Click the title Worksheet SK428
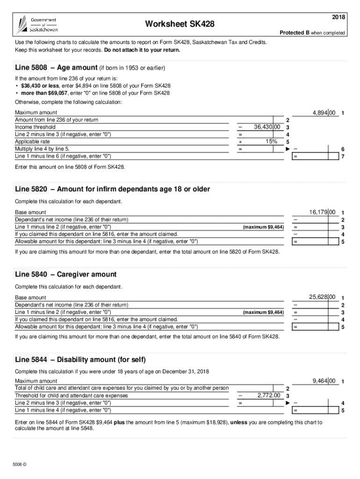click(x=180, y=24)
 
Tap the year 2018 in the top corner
click(x=338, y=17)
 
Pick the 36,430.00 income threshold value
click(x=266, y=127)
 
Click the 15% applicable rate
click(x=270, y=141)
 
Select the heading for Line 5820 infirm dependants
click(x=112, y=189)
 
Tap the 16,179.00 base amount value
click(x=322, y=212)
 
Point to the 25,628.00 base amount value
click(x=322, y=297)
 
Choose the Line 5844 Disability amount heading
click(x=80, y=359)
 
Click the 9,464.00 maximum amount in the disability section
click(x=324, y=381)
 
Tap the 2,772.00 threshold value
click(x=268, y=395)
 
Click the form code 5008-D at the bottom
click(x=20, y=464)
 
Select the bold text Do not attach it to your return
click(x=142, y=50)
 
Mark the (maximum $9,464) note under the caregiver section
click(x=263, y=312)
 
